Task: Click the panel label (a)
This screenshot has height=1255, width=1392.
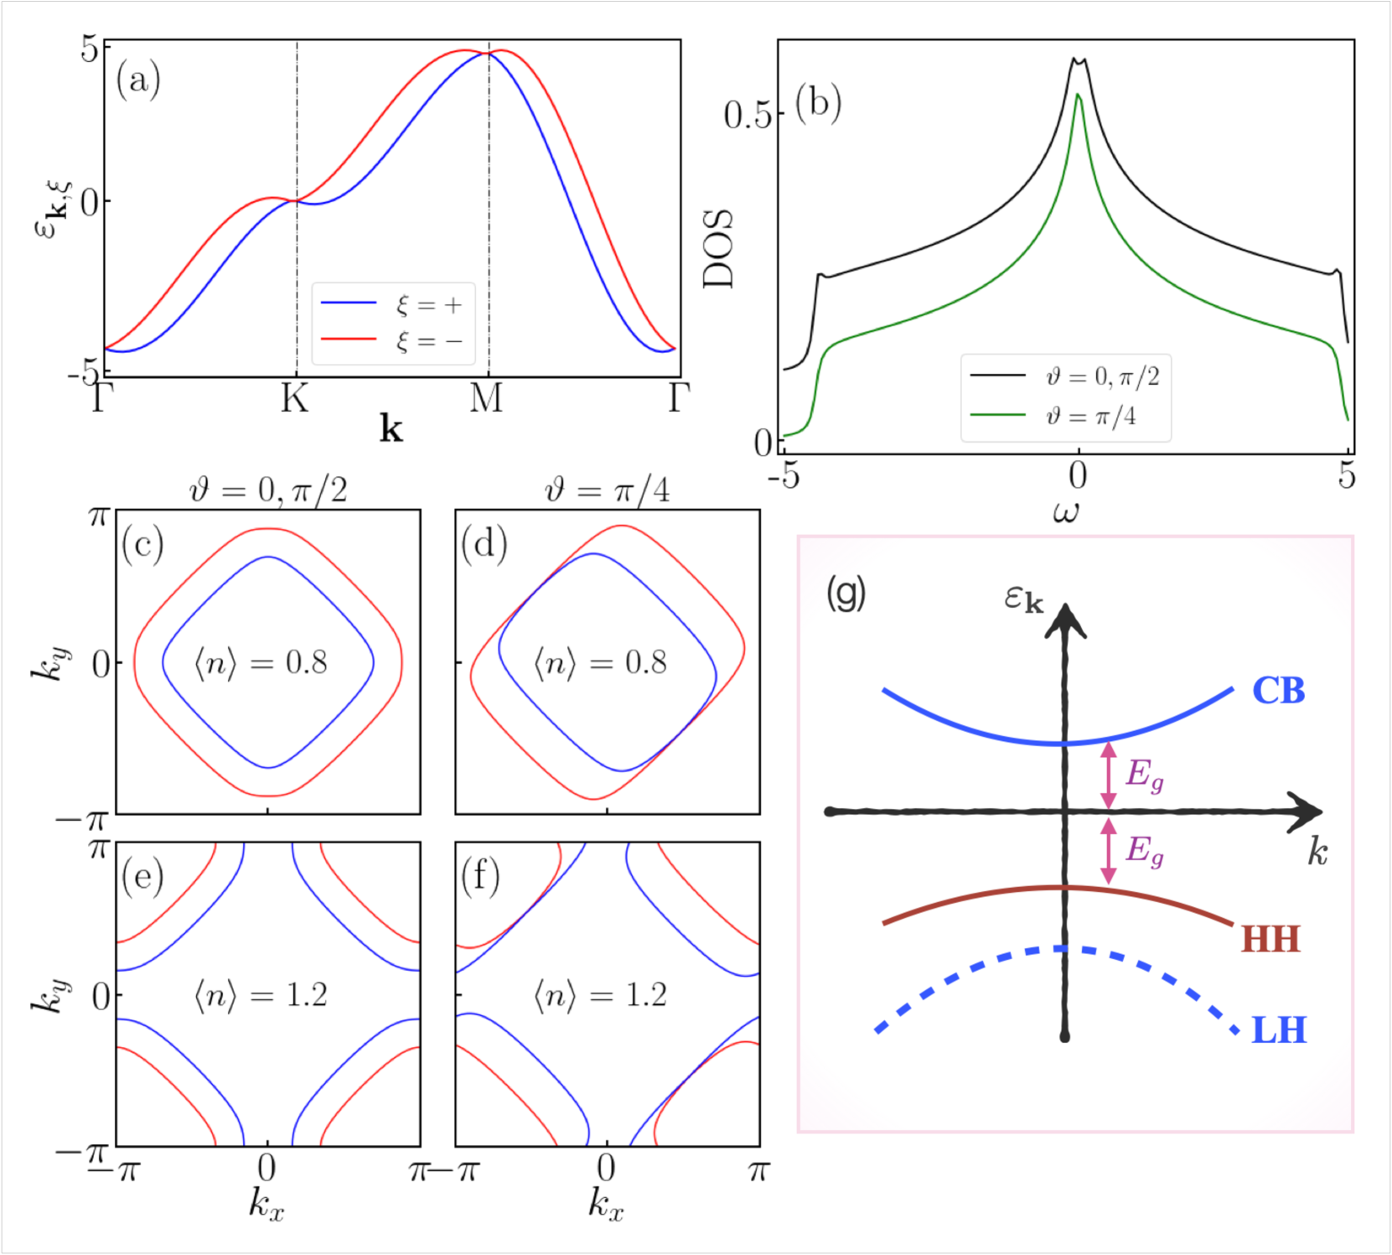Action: (138, 80)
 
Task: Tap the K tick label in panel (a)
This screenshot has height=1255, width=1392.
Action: (295, 398)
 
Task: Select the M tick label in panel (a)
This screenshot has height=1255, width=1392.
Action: (487, 398)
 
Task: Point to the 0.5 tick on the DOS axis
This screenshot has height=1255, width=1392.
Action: (747, 115)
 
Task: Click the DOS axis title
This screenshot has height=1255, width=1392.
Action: (718, 249)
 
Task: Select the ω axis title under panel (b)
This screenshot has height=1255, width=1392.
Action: (1066, 511)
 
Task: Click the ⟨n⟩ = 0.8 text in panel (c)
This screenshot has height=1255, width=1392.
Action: (261, 664)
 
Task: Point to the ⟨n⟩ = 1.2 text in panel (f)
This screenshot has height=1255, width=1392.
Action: (600, 996)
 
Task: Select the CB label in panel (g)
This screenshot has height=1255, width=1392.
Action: (1278, 691)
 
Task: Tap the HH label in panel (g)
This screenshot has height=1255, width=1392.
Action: (1270, 939)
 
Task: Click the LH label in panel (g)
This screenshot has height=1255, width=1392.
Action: (1279, 1030)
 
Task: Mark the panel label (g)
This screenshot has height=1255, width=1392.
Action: (846, 594)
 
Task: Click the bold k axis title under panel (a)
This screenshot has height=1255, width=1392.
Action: (391, 429)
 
